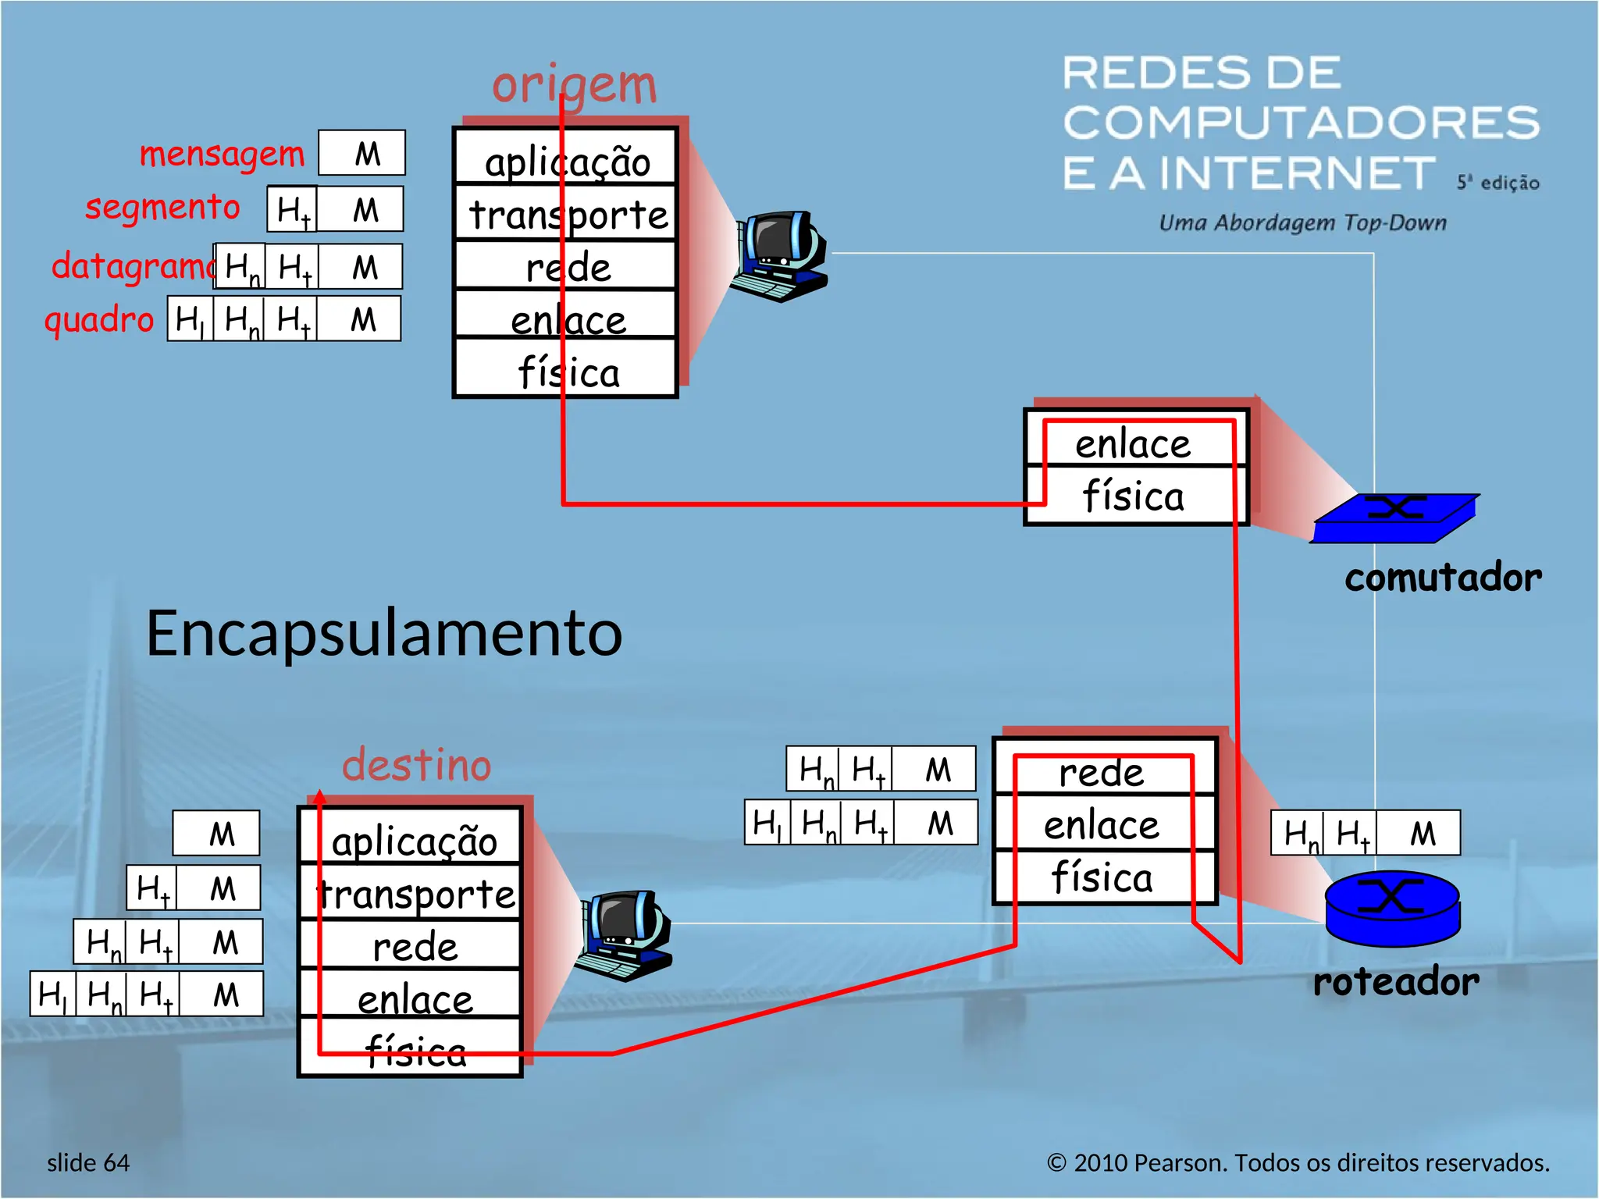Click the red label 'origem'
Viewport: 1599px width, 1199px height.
pos(574,84)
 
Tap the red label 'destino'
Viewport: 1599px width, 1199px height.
pos(416,765)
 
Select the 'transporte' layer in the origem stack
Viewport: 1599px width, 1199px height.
pos(568,214)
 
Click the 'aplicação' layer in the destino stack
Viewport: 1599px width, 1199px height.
pos(414,840)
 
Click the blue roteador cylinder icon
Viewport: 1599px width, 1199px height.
pos(1393,908)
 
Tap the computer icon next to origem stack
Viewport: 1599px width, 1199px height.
pos(778,256)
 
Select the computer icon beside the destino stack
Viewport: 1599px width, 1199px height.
pos(623,935)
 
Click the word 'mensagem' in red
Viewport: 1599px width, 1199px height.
pos(222,154)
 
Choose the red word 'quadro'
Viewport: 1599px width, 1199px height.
pos(99,319)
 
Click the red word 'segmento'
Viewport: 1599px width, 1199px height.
pos(162,208)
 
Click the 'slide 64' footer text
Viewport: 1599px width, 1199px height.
pos(88,1162)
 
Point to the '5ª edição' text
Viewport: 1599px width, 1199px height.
pos(1498,183)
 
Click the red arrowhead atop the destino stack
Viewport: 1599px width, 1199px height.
pos(319,797)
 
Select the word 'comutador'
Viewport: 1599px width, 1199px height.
pos(1443,578)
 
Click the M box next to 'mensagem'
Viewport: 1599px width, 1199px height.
pos(362,153)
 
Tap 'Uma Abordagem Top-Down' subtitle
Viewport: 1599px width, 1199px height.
pos(1302,222)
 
